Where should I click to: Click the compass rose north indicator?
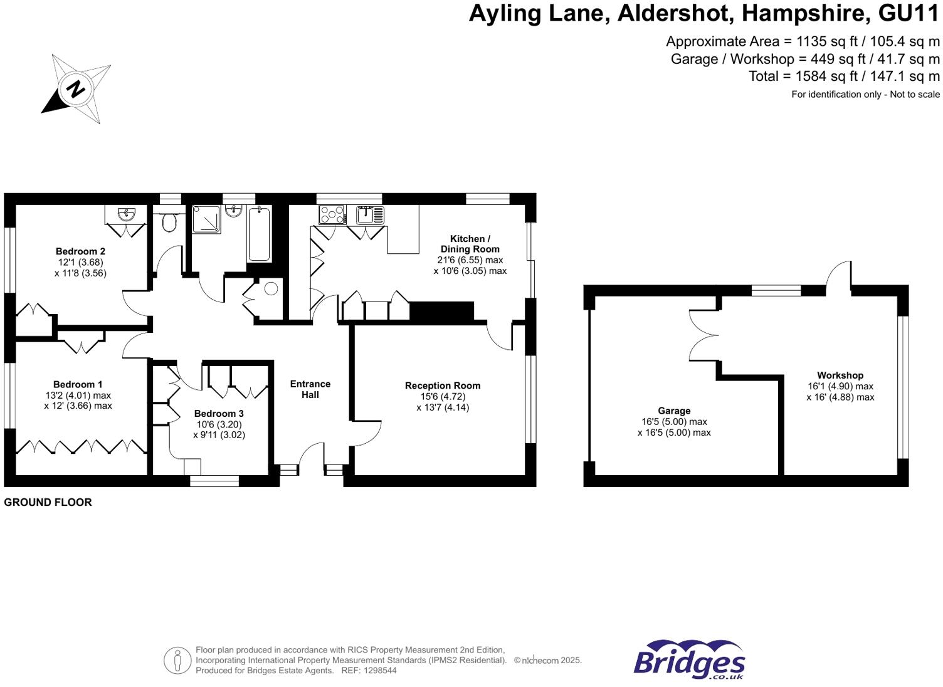click(76, 88)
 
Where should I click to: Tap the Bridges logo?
click(689, 661)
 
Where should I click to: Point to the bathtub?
click(259, 234)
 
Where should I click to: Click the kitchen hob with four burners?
click(332, 215)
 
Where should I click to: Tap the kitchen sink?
click(370, 215)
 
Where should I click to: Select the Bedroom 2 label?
click(80, 251)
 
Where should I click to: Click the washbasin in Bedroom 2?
click(127, 215)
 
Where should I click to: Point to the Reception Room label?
click(443, 385)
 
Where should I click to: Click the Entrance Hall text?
click(310, 389)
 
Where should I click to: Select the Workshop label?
click(840, 375)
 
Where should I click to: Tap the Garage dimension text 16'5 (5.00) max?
click(674, 422)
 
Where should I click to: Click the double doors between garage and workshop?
click(704, 335)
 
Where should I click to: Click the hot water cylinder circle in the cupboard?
click(271, 289)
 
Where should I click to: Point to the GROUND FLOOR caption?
click(48, 502)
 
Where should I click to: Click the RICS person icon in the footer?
click(177, 661)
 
